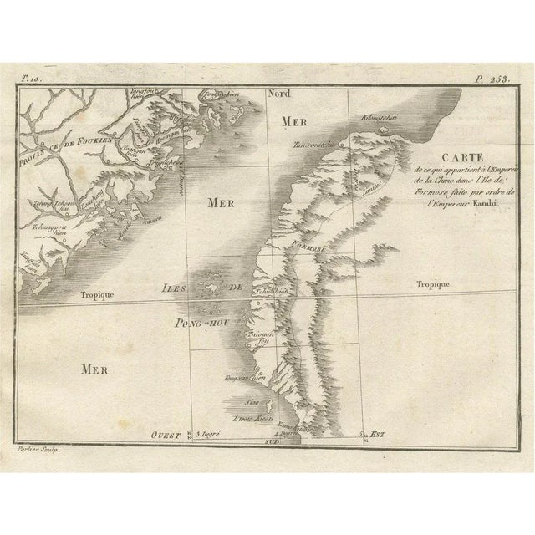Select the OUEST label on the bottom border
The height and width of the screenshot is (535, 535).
tap(166, 434)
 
